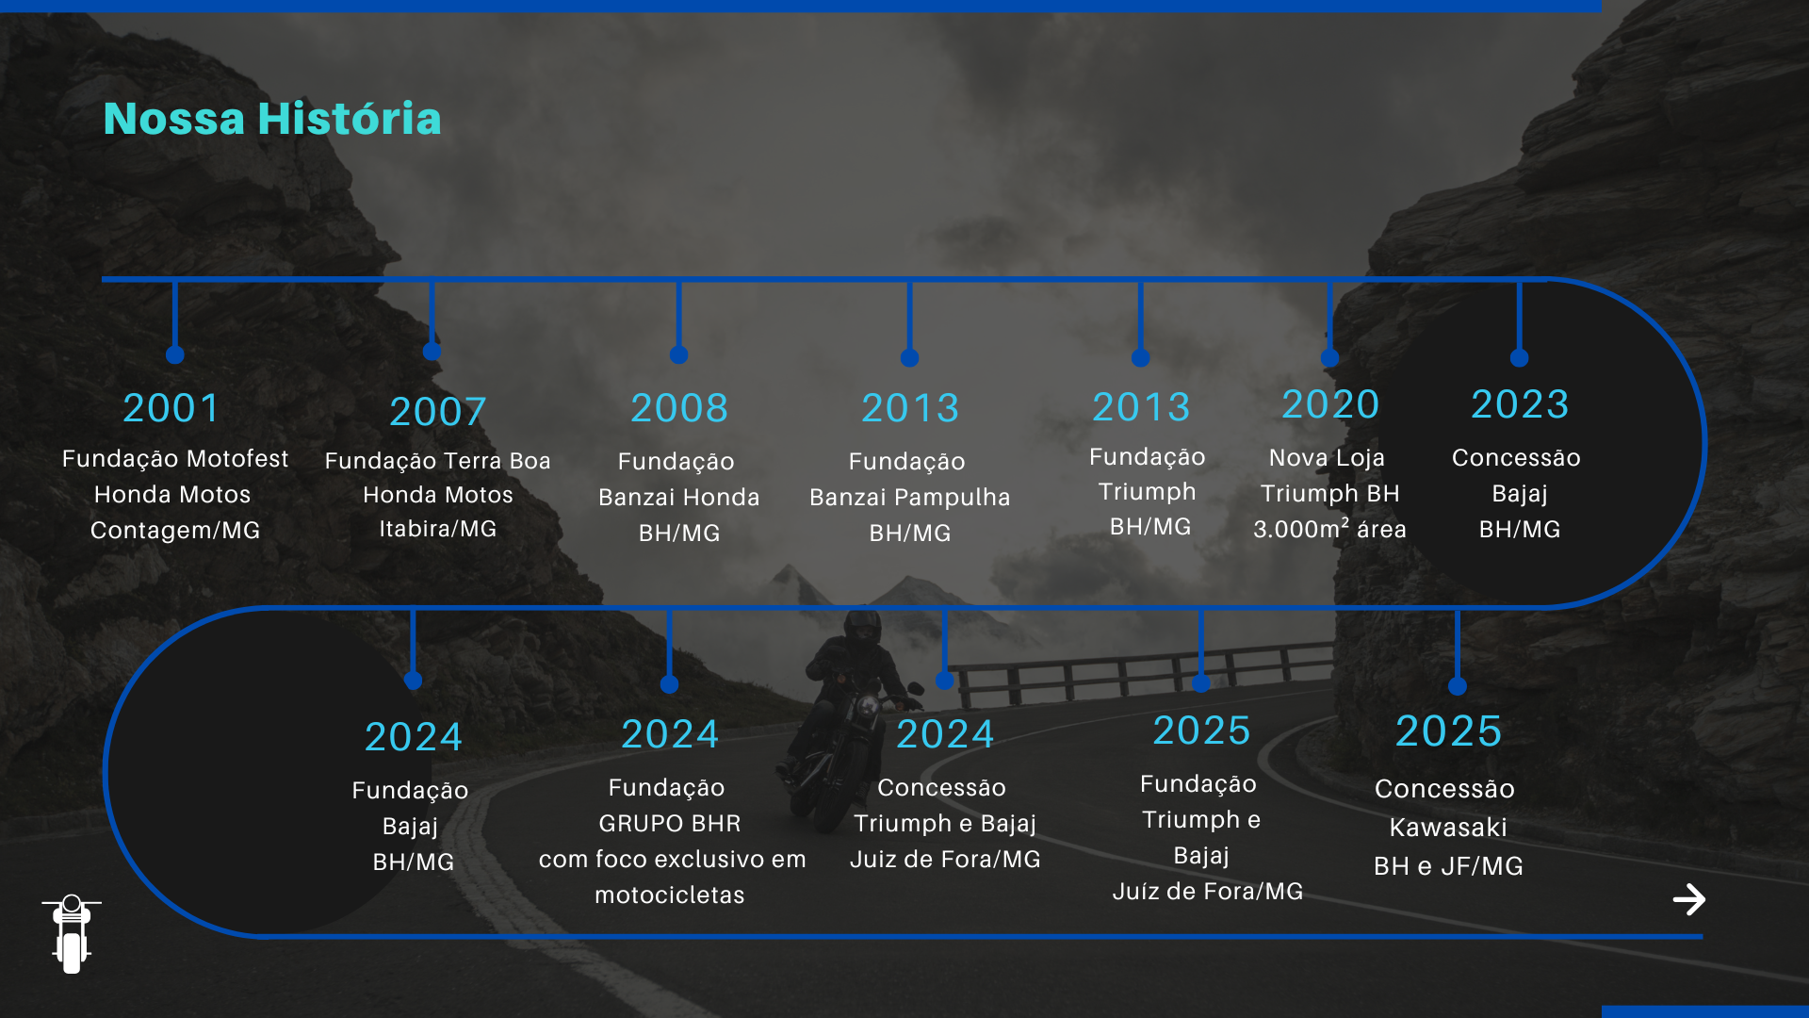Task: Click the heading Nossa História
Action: coord(272,119)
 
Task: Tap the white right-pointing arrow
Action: coord(1689,899)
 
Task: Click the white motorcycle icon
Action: coord(72,933)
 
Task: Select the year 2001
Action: coord(171,408)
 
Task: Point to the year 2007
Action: coord(438,412)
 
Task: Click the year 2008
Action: coord(679,408)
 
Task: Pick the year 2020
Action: coord(1330,404)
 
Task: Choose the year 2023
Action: coord(1520,404)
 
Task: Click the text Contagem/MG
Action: coord(175,531)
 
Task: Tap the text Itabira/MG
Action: coord(438,529)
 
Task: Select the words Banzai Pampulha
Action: coord(910,498)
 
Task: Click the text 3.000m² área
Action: coord(1330,529)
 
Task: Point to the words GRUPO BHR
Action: coord(670,823)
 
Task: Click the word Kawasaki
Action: coord(1448,828)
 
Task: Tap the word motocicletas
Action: coord(670,895)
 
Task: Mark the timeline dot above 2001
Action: coord(174,354)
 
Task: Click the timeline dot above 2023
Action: coord(1519,357)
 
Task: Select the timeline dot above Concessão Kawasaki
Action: coord(1458,686)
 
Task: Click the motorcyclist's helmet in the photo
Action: coord(862,626)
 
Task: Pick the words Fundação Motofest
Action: coord(175,459)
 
